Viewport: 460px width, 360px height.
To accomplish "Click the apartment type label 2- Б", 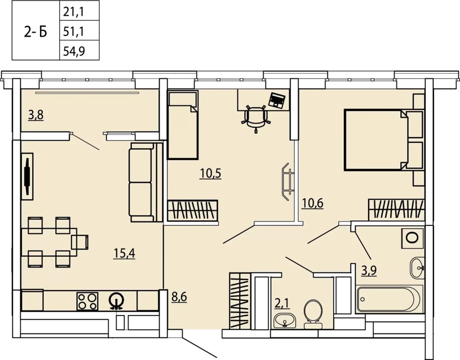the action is [x=35, y=32].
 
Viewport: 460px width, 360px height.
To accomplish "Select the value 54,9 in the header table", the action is [x=74, y=51].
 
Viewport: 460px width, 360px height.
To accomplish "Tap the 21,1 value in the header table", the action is [x=74, y=12].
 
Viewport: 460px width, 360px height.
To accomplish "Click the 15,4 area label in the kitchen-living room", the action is [x=124, y=253].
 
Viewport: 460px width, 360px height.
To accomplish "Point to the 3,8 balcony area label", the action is [x=36, y=115].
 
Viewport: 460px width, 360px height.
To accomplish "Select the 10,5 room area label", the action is [x=210, y=173].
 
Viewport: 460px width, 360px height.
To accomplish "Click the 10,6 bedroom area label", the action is [x=313, y=203].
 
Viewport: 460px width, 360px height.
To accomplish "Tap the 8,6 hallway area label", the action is [x=179, y=297].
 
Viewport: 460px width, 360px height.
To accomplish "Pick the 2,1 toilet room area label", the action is [x=282, y=303].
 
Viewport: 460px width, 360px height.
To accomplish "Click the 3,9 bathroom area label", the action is [x=369, y=271].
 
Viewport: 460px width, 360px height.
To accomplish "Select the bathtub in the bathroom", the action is [x=389, y=299].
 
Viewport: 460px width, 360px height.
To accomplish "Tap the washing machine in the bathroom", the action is [x=413, y=237].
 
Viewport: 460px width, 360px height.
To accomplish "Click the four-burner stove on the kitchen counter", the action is [x=88, y=301].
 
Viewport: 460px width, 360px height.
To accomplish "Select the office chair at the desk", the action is [x=256, y=118].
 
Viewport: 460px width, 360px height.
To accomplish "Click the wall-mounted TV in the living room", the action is [x=27, y=176].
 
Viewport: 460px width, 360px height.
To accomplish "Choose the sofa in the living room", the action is [x=146, y=182].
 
